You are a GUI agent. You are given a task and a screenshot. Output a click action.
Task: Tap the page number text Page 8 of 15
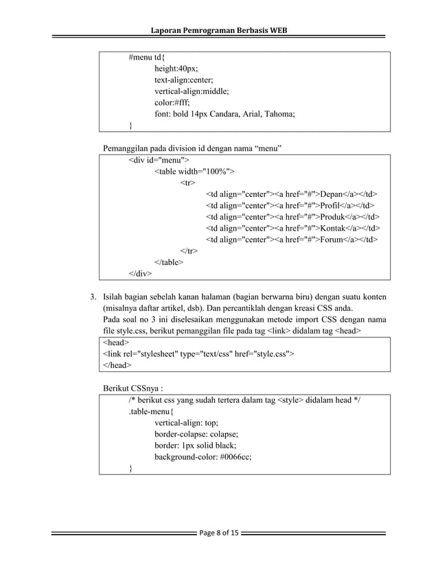(x=219, y=534)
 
